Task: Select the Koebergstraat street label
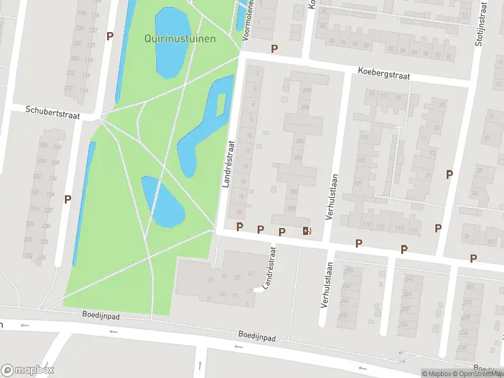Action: click(384, 74)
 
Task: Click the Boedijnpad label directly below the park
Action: click(101, 314)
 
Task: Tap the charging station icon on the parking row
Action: click(307, 231)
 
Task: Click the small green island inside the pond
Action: click(221, 105)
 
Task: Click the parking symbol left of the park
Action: click(67, 199)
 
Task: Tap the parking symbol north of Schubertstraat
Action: click(110, 37)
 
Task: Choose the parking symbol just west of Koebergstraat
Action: click(274, 49)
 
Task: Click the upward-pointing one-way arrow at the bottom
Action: click(199, 365)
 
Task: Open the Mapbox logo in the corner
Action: click(28, 370)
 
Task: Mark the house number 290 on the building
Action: click(307, 91)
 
